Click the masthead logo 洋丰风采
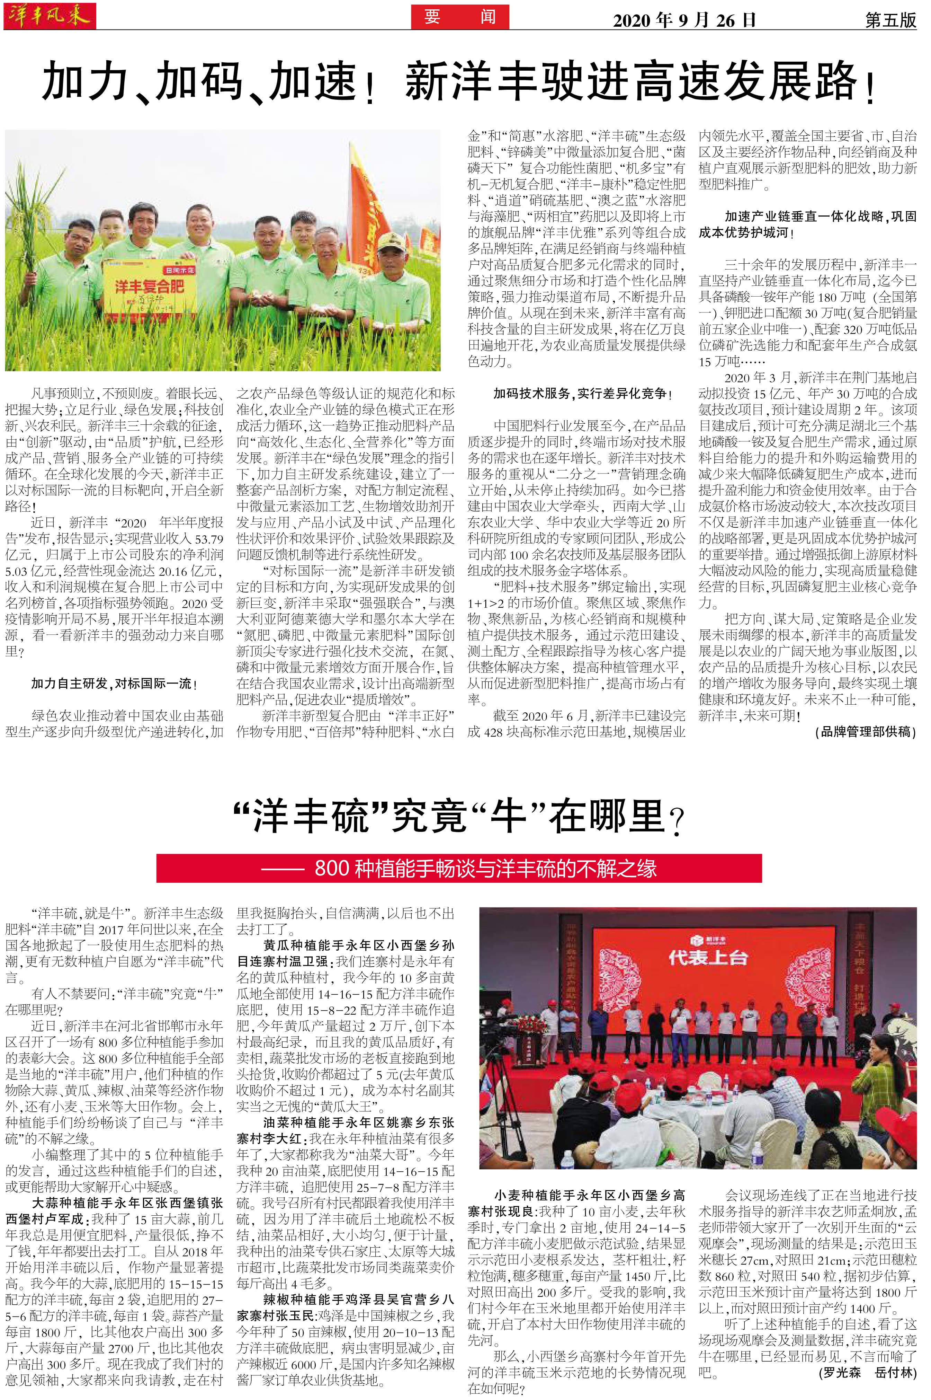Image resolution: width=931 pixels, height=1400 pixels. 49,16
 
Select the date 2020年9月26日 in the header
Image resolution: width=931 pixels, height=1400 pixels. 684,20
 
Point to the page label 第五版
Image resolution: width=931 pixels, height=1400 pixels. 890,20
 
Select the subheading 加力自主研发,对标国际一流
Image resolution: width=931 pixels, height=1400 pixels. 114,684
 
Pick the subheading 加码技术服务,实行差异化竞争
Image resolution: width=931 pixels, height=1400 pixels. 582,394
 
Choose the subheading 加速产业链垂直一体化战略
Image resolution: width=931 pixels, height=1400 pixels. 807,224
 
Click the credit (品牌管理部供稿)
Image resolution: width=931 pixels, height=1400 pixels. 866,732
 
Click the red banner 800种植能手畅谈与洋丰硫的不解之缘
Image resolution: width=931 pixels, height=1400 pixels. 458,869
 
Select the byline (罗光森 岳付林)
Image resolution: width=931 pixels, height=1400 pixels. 867,1373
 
